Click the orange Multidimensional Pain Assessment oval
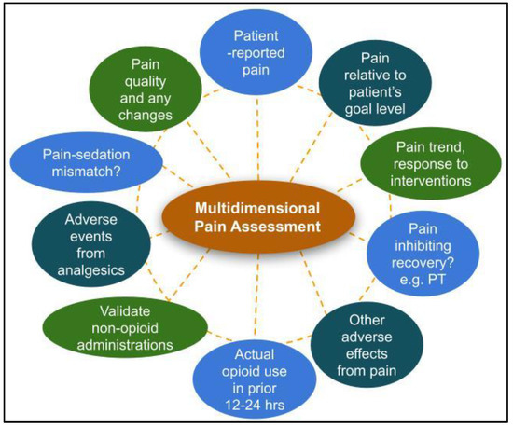(256, 217)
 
